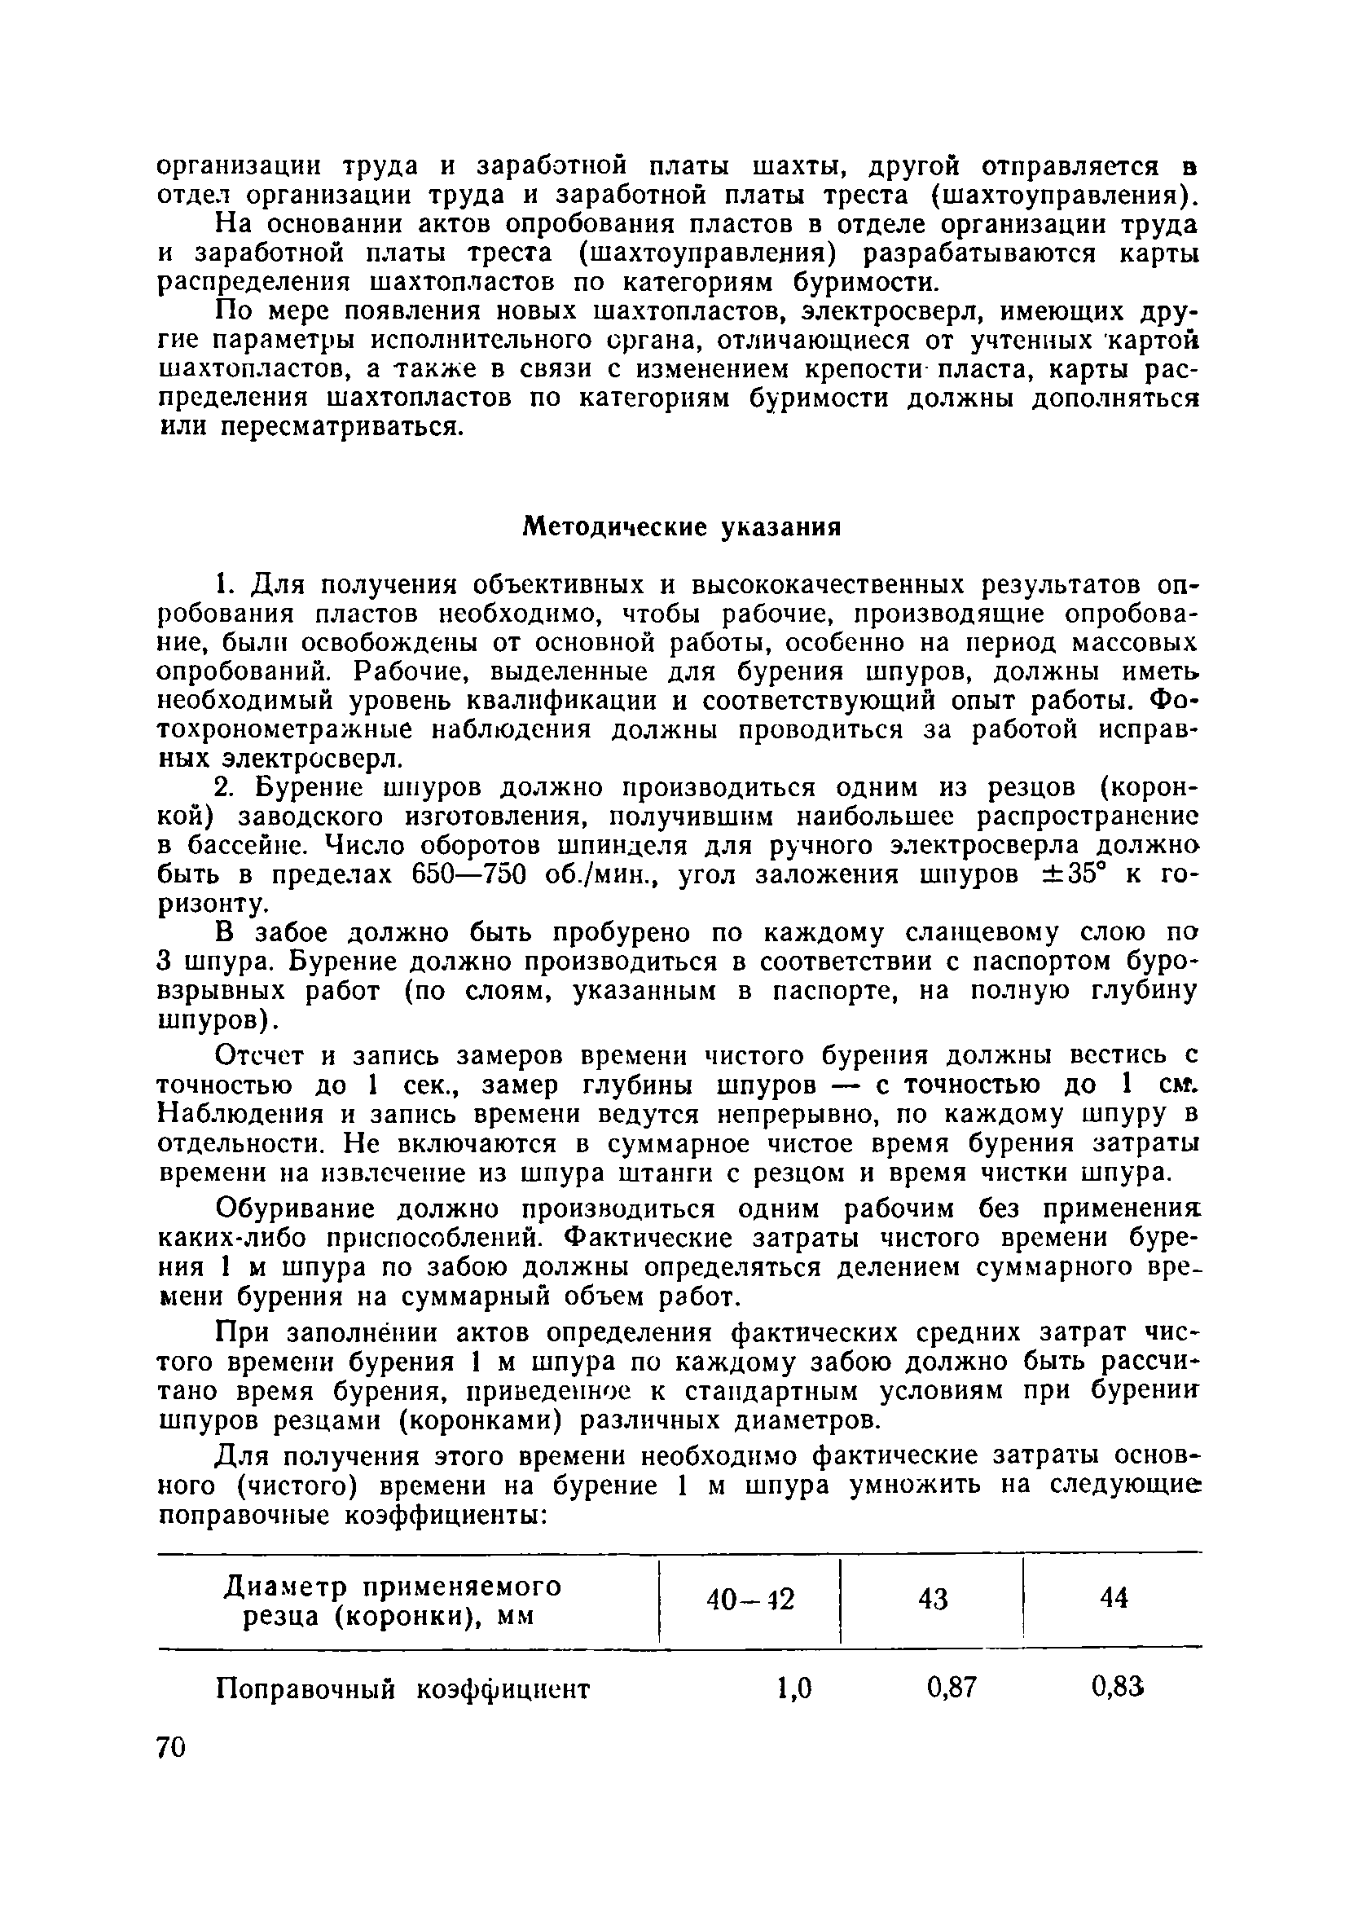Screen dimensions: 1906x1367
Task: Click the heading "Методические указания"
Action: pos(681,527)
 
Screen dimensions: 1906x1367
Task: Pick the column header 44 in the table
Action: pos(1114,1598)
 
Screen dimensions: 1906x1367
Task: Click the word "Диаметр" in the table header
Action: pos(280,1587)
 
